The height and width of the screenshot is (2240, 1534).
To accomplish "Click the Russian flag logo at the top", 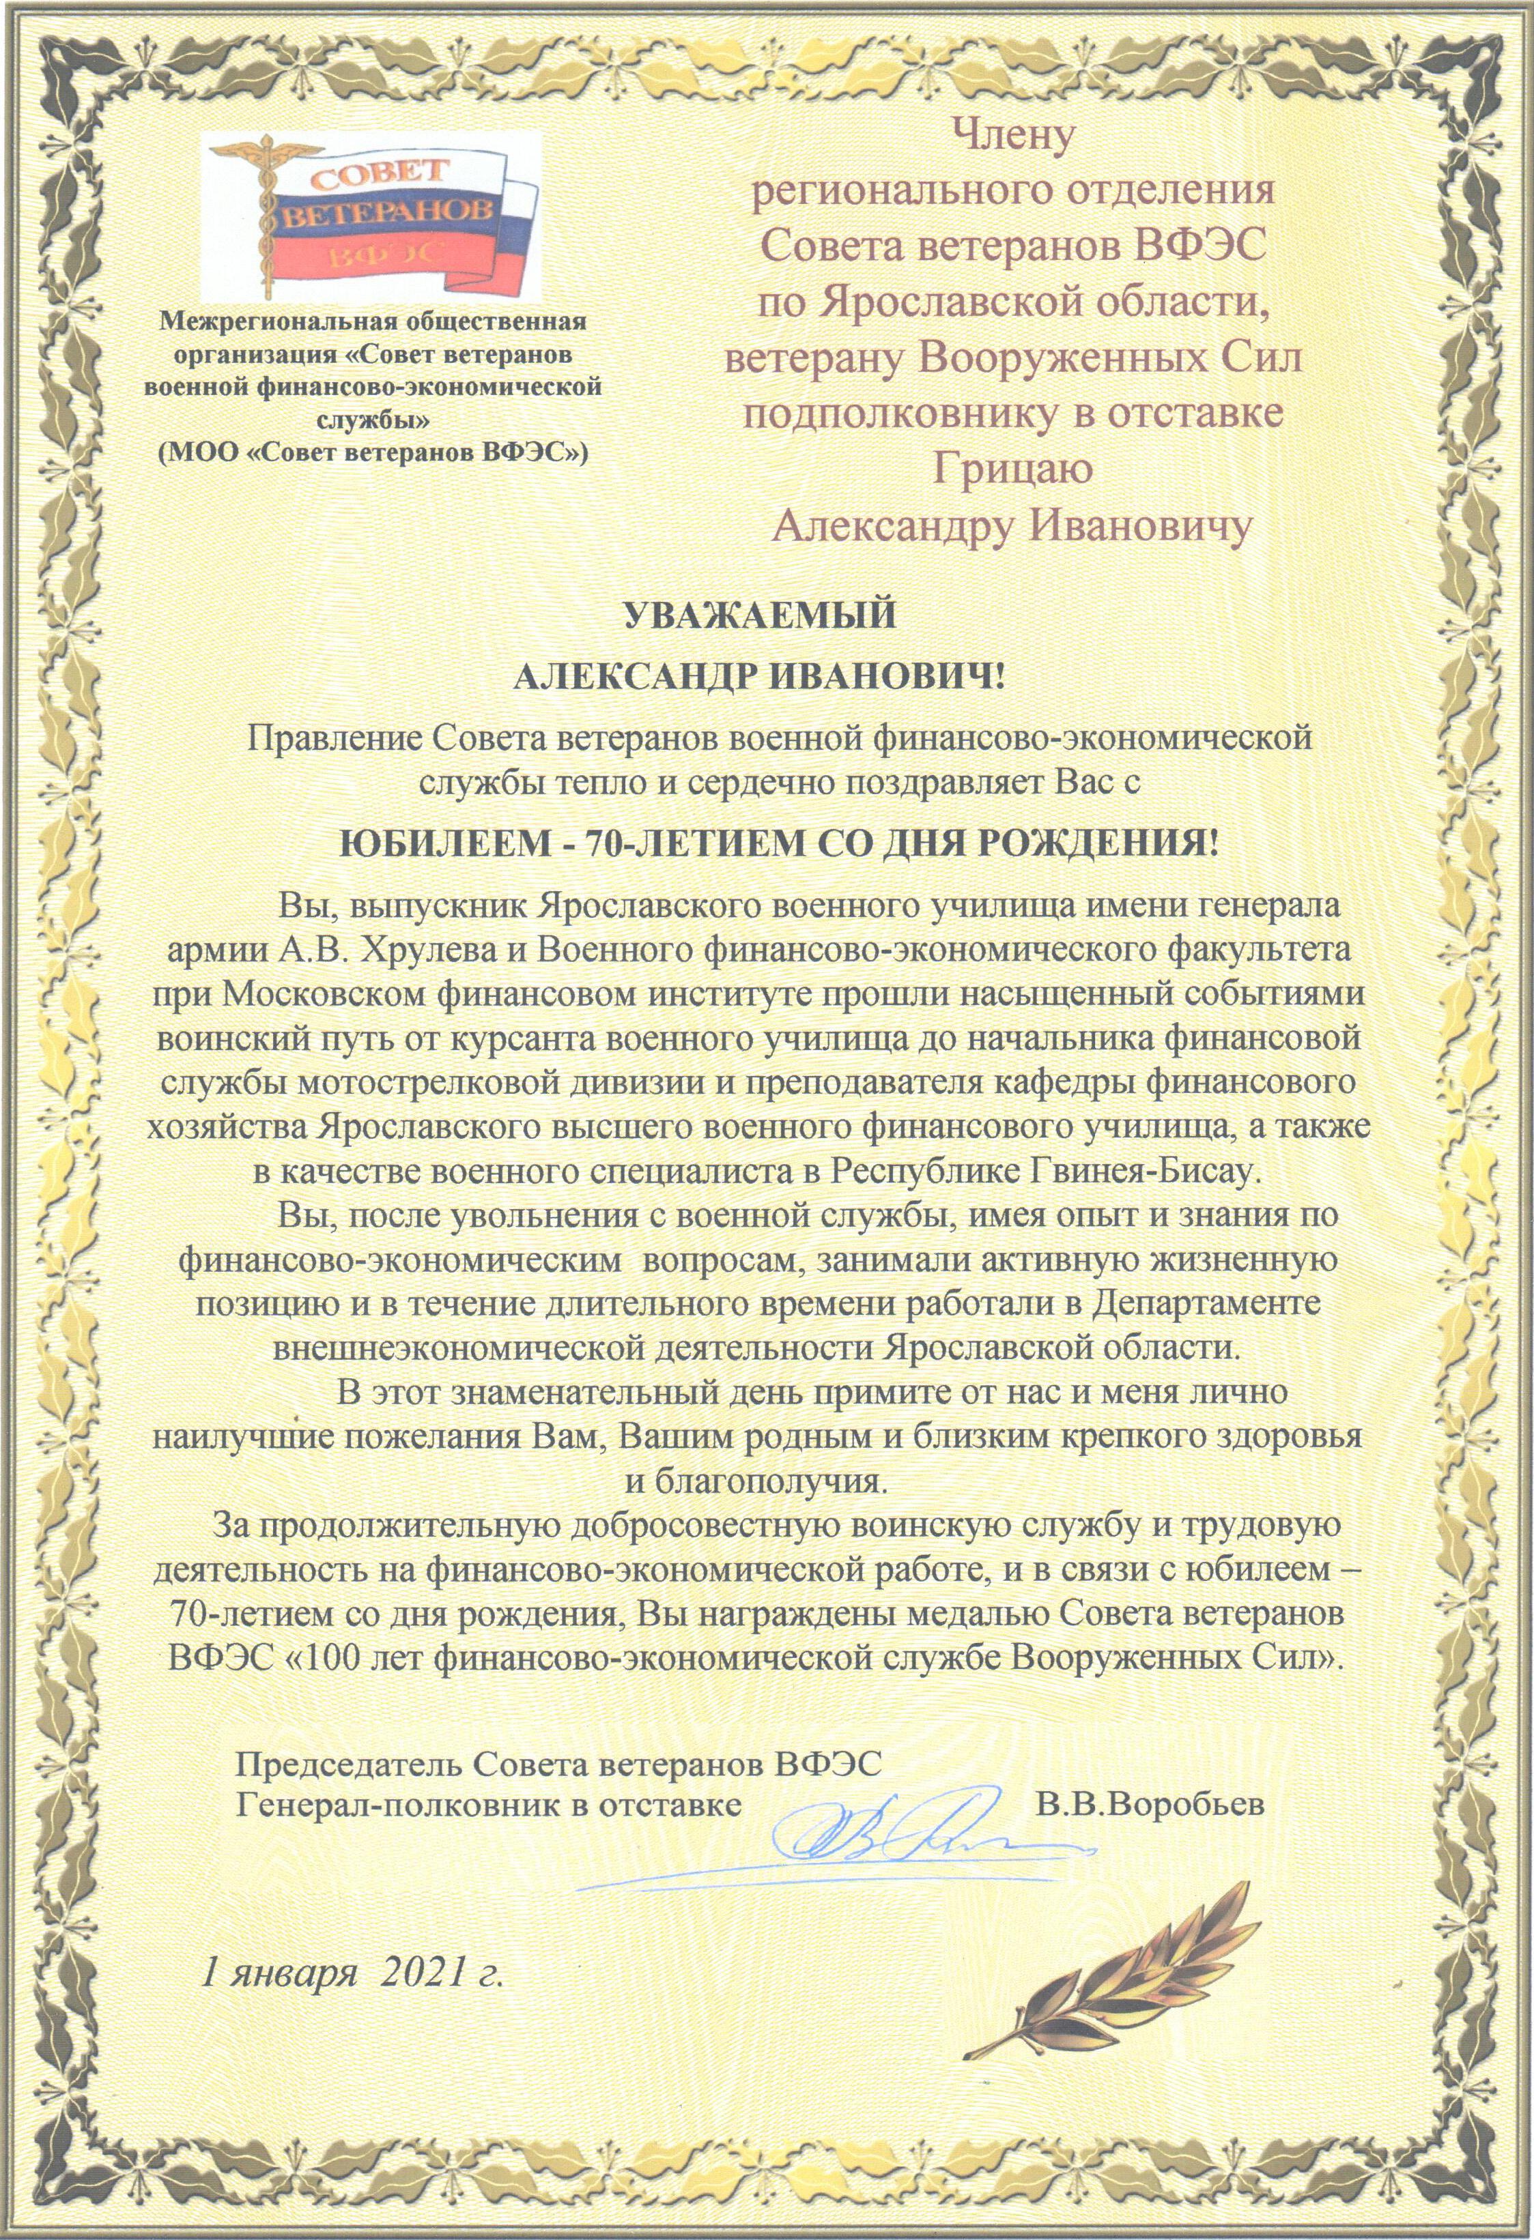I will [371, 218].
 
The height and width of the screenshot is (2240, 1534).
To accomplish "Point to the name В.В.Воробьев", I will [1149, 1803].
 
